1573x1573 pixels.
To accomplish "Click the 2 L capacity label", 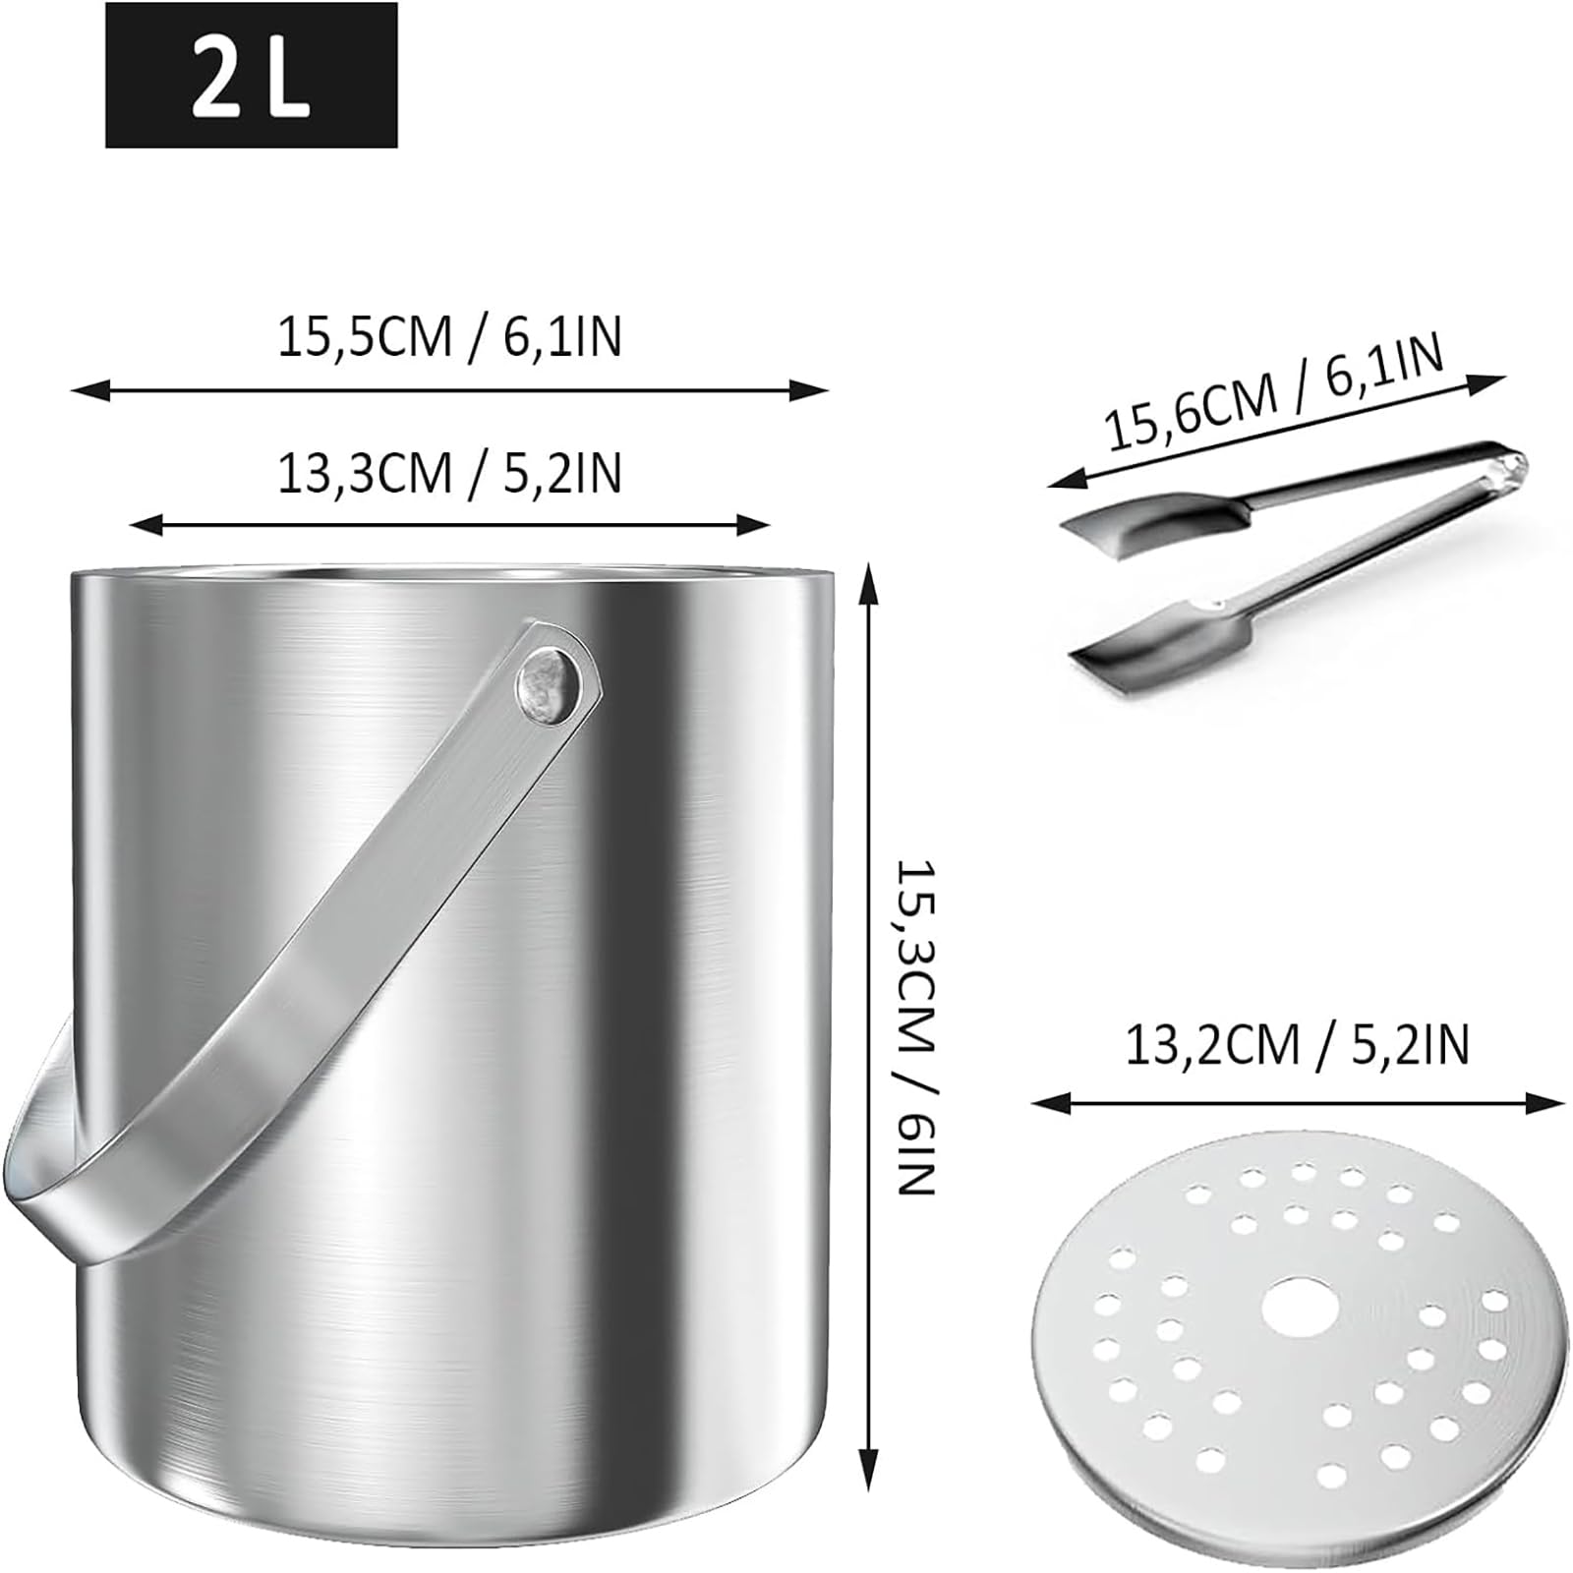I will click(251, 75).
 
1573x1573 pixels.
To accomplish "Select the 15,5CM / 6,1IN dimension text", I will click(449, 337).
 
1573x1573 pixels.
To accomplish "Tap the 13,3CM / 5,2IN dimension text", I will click(449, 473).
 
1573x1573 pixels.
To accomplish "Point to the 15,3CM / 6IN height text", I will click(915, 1028).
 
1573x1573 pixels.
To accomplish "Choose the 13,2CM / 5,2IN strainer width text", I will click(1297, 1044).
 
